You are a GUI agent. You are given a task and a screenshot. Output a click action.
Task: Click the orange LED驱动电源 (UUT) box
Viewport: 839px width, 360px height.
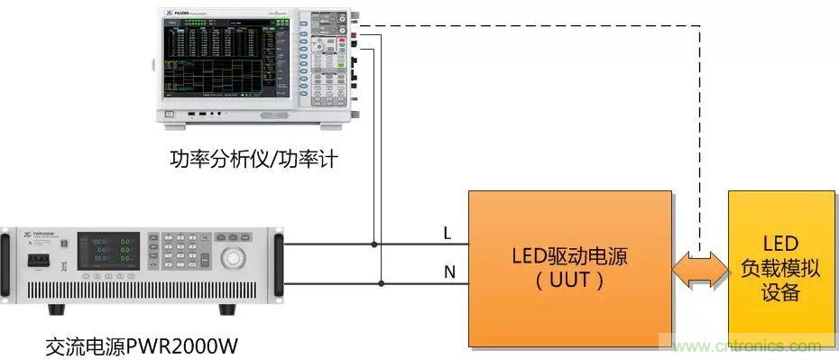click(569, 268)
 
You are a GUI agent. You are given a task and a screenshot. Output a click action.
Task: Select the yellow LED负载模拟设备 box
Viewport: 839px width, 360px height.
click(781, 268)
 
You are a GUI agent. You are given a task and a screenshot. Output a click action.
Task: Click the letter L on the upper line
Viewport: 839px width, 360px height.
click(447, 234)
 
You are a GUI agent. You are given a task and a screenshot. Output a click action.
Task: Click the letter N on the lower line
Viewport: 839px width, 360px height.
click(448, 272)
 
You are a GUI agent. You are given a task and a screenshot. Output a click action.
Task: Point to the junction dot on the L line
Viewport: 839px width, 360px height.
click(373, 244)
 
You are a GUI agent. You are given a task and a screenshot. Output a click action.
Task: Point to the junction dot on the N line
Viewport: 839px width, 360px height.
click(382, 283)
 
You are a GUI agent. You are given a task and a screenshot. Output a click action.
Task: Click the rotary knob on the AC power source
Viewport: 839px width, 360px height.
click(234, 258)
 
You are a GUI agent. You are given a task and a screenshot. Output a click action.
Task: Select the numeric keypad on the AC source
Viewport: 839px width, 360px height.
click(186, 253)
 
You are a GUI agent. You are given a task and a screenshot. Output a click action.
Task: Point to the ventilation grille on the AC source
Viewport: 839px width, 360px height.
click(144, 291)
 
